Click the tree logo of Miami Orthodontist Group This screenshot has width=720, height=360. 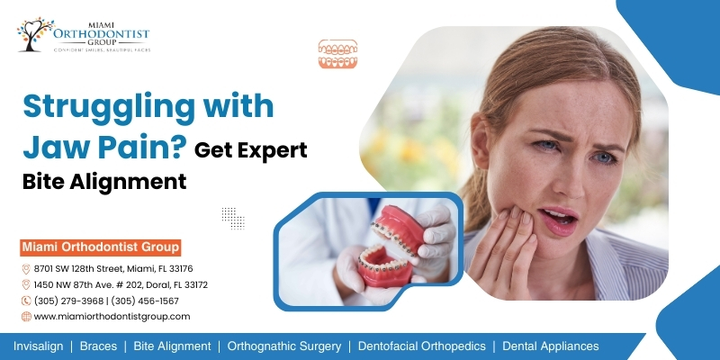(35, 34)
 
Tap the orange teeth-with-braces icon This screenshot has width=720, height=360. (337, 54)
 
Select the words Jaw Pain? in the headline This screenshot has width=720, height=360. (104, 146)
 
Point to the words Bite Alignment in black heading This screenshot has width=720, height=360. (104, 182)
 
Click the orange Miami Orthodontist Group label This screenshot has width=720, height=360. (101, 247)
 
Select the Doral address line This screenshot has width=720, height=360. (121, 284)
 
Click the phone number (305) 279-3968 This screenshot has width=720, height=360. (68, 301)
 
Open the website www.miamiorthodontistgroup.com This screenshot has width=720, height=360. (112, 317)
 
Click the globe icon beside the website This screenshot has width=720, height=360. (26, 317)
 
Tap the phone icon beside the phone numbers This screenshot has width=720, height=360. (26, 301)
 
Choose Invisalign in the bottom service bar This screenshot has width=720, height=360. (38, 346)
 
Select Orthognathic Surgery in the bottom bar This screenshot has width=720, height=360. (284, 346)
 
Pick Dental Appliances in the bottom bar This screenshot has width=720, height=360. (551, 346)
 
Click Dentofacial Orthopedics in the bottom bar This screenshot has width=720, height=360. (421, 346)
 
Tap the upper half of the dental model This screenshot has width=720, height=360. (398, 229)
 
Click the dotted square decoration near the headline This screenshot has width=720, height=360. (233, 218)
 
